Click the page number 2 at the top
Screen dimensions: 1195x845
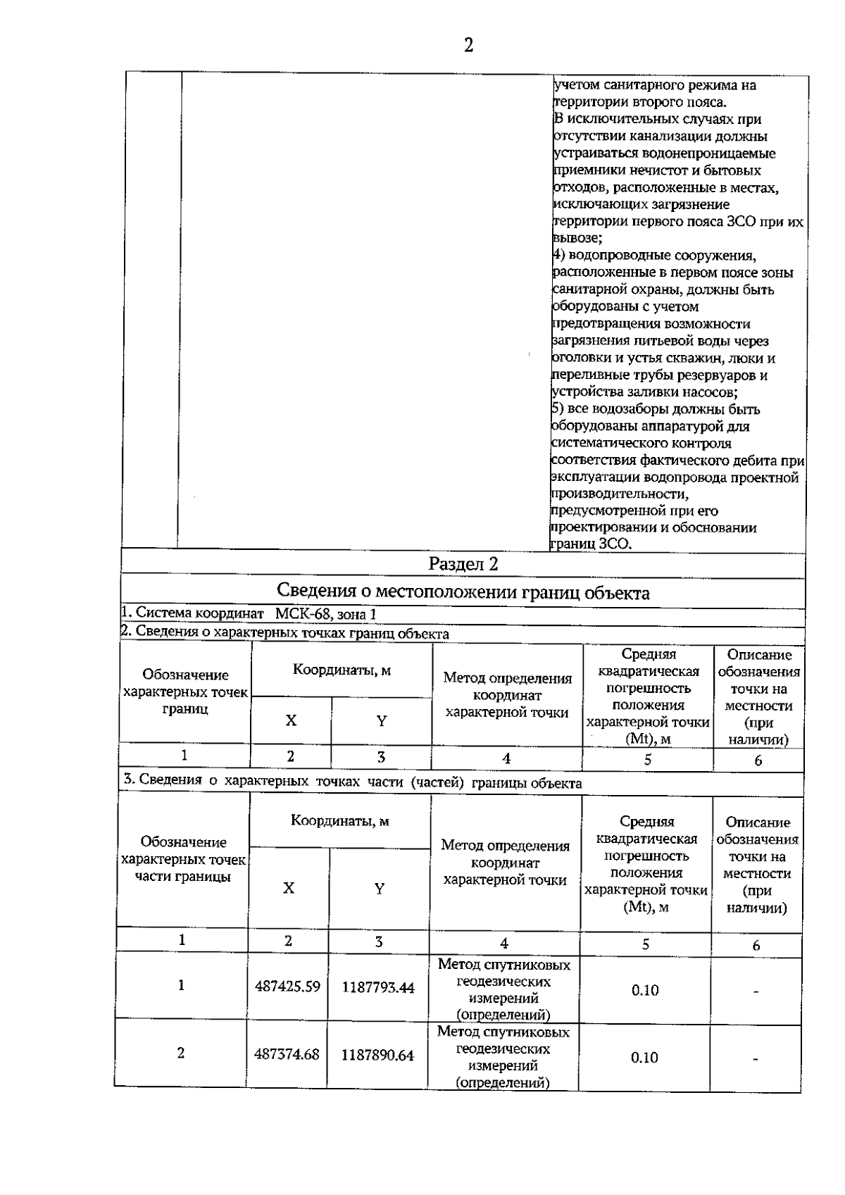[x=468, y=45]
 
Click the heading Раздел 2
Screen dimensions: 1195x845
[x=463, y=564]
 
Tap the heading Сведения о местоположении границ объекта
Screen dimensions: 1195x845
[x=463, y=592]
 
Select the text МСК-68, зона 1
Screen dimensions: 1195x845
[x=325, y=613]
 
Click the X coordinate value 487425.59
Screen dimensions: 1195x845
[x=287, y=987]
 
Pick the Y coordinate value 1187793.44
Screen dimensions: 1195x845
[x=378, y=987]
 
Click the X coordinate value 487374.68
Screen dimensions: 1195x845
[x=287, y=1054]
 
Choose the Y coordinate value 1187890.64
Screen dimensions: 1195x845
[x=377, y=1055]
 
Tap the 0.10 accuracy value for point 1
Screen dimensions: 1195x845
[x=645, y=990]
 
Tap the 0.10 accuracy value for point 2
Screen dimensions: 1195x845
[x=644, y=1057]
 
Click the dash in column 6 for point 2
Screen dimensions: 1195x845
[x=755, y=1058]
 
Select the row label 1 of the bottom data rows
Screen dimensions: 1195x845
[x=181, y=985]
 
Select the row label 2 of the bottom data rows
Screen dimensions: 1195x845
[x=181, y=1053]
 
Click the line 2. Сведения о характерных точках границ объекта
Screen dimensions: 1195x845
[x=285, y=632]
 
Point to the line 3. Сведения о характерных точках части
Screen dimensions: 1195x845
[x=352, y=782]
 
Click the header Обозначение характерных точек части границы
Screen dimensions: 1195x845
[x=183, y=859]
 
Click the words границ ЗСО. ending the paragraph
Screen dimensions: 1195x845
[x=591, y=544]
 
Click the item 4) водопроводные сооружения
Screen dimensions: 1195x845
[x=655, y=256]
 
